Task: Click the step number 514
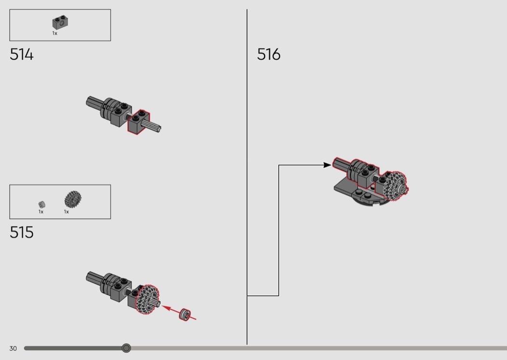tap(21, 55)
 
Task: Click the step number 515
tap(21, 232)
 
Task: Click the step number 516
tap(268, 55)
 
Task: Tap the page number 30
tap(13, 348)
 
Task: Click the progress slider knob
tap(127, 348)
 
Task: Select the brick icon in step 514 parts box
tap(60, 22)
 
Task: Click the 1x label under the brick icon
tap(55, 33)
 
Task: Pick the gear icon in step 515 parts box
tap(73, 199)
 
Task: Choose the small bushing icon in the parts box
tap(42, 205)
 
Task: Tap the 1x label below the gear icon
tap(66, 212)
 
